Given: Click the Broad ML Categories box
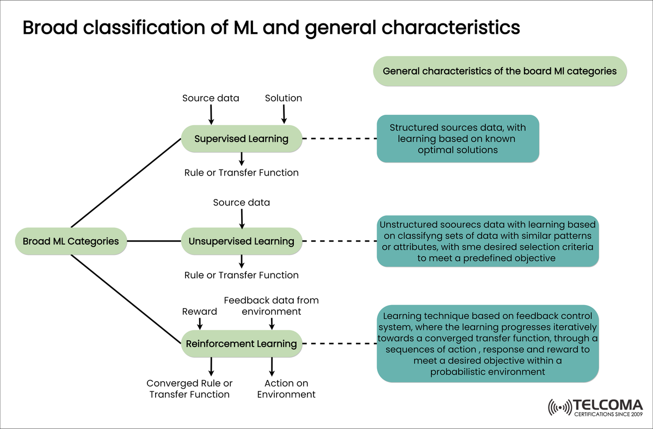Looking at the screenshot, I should click(x=71, y=241).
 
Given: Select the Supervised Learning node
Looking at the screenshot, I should click(x=241, y=139).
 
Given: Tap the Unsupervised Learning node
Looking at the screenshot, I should click(x=241, y=241).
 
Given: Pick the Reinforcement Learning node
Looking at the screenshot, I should click(x=241, y=344).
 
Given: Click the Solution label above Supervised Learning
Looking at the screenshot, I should click(x=283, y=98).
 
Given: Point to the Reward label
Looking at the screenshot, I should click(x=199, y=312).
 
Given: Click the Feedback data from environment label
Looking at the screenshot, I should click(x=272, y=306).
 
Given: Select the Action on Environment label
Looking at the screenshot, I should click(x=286, y=389).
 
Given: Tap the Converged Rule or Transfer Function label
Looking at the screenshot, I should click(x=189, y=389).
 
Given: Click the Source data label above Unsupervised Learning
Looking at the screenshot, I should click(x=241, y=202).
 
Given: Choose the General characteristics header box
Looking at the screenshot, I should click(x=500, y=71).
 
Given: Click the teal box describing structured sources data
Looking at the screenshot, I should click(x=458, y=139).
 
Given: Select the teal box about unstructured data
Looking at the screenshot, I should click(x=488, y=241).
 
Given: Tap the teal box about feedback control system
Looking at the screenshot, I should click(x=488, y=344).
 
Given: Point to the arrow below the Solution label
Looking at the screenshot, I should click(x=284, y=114).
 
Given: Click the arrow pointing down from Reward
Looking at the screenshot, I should click(x=200, y=324).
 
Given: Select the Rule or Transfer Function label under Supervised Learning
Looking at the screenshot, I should click(x=241, y=173).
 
